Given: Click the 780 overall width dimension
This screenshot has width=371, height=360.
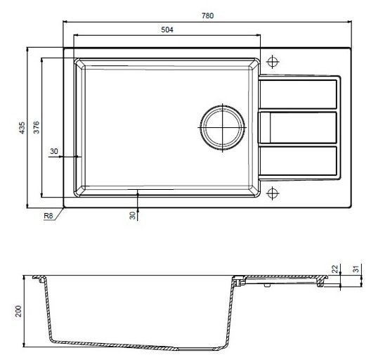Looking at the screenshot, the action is (x=207, y=15).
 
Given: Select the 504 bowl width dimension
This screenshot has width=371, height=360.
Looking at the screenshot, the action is (x=167, y=30).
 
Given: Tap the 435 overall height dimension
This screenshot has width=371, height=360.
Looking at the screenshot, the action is (x=22, y=128).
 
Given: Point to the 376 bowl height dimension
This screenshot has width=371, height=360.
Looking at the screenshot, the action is (x=36, y=127).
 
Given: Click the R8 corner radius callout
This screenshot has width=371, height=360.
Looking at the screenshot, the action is (x=48, y=216).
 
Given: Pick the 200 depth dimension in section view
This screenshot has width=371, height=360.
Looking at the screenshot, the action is (x=18, y=311).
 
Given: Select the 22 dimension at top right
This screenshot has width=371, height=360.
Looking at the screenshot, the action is (x=334, y=269).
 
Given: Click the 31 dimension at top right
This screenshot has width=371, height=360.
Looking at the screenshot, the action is (x=356, y=269).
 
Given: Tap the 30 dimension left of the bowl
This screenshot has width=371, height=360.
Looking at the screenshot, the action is (x=54, y=151).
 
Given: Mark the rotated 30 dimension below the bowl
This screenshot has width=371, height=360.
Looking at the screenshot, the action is (x=133, y=215).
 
